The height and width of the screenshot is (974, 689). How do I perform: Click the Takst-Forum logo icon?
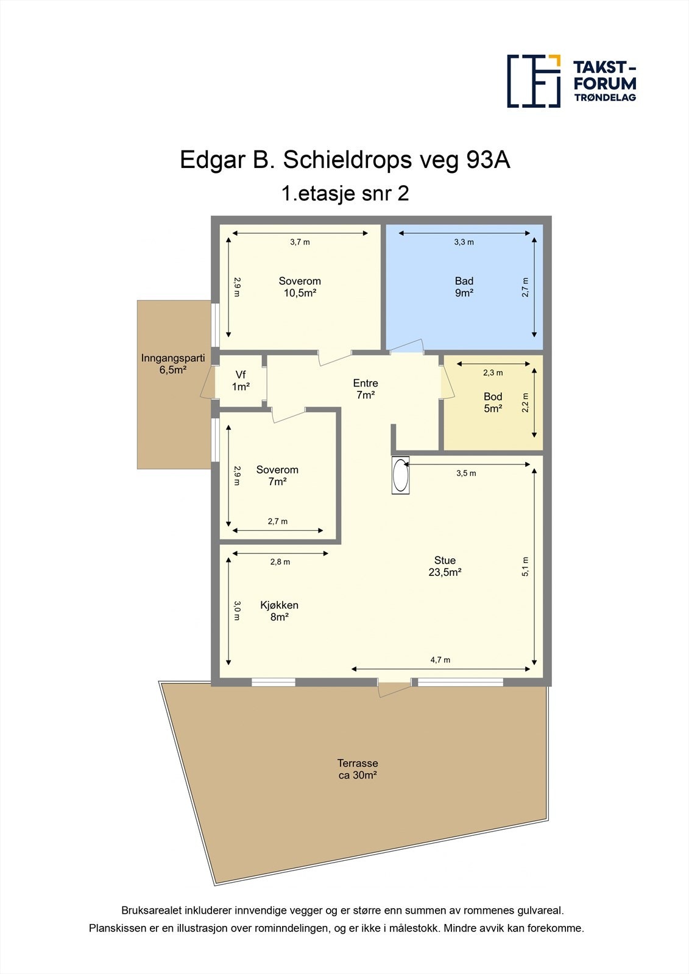[534, 81]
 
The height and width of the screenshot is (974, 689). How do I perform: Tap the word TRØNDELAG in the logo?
[605, 97]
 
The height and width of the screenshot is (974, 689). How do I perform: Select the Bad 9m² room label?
[464, 287]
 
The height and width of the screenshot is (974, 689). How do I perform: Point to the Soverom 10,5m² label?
[300, 287]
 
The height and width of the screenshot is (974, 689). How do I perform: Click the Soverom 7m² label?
[277, 475]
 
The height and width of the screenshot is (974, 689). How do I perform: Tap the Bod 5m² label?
[493, 402]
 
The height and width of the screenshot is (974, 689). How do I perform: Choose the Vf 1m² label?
[241, 380]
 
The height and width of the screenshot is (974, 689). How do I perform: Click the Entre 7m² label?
[366, 389]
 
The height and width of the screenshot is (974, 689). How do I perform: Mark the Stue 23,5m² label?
[445, 566]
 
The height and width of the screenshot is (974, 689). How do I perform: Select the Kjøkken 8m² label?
[279, 611]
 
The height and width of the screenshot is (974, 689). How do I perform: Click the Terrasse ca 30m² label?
[358, 769]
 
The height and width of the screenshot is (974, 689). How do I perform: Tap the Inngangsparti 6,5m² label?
[173, 363]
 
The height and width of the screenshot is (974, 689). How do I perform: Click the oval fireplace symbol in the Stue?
[400, 476]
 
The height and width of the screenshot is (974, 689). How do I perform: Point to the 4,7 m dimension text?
[440, 660]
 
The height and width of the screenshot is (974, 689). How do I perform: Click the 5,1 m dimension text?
[526, 567]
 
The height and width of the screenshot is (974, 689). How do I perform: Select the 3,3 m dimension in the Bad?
[464, 242]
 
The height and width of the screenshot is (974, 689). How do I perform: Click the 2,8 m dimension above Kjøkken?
[280, 562]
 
